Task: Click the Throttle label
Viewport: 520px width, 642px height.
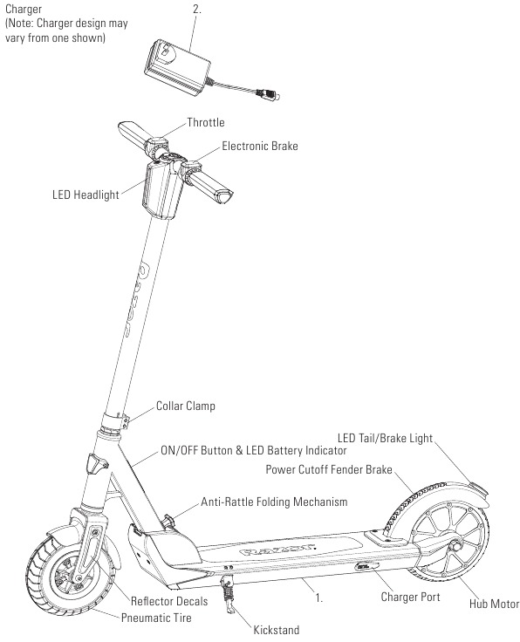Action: coord(206,122)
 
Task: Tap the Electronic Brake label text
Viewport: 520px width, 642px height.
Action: coord(260,147)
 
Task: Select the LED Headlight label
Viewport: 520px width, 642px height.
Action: coord(86,195)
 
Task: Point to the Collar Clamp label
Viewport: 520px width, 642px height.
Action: coord(186,406)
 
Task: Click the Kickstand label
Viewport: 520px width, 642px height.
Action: coord(277,630)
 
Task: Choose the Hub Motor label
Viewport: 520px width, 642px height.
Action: coord(494,604)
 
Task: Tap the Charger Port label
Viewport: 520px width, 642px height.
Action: coord(410,597)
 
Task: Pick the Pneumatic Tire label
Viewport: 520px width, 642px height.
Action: coord(156,618)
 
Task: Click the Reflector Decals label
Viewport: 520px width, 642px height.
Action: coord(169,601)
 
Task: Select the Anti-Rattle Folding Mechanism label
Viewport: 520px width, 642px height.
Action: coord(274,502)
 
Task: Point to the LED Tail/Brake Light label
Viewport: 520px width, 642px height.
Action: coord(385,438)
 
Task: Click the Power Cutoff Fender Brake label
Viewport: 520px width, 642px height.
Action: coord(329,469)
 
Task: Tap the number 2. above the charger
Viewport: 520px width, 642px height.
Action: coord(197,9)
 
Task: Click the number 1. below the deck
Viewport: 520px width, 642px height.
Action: coord(319,598)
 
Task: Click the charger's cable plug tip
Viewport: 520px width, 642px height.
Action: coord(277,97)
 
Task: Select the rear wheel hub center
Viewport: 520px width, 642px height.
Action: coord(455,546)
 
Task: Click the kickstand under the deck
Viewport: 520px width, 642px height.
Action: coord(228,594)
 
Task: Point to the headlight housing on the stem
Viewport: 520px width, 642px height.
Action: coord(162,190)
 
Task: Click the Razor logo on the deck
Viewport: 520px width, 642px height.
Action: coord(277,549)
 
